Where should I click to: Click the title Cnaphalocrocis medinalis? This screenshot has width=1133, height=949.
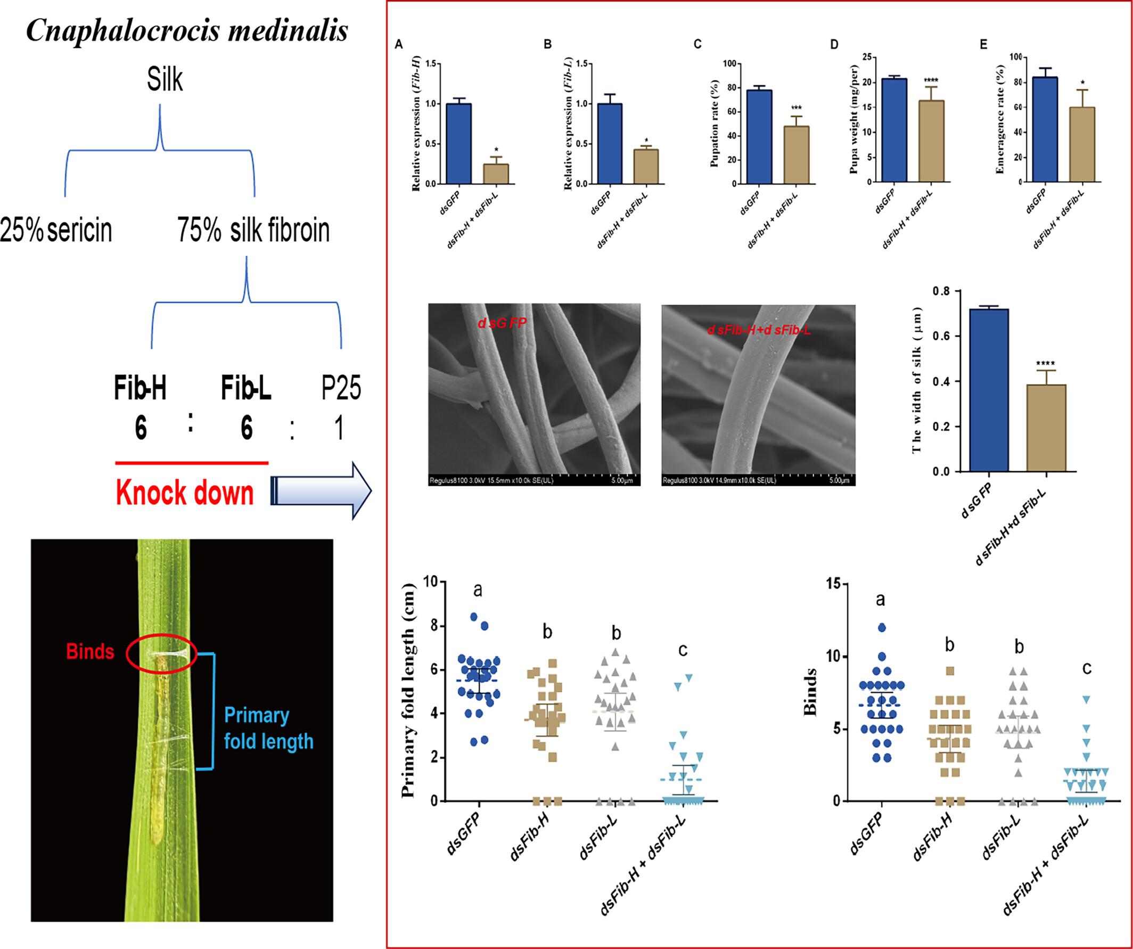pyautogui.click(x=187, y=30)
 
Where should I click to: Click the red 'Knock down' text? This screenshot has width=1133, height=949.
pyautogui.click(x=185, y=493)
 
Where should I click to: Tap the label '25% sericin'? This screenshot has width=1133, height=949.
pyautogui.click(x=56, y=231)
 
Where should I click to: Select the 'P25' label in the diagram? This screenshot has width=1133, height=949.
pyautogui.click(x=340, y=387)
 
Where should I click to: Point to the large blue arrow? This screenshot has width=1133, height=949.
pyautogui.click(x=322, y=490)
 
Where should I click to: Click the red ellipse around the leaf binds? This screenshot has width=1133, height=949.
pyautogui.click(x=161, y=653)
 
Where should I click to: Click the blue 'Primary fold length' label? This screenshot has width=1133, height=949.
pyautogui.click(x=268, y=728)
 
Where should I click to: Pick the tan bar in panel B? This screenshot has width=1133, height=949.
pyautogui.click(x=646, y=167)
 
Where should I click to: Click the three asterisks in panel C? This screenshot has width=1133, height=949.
pyautogui.click(x=797, y=109)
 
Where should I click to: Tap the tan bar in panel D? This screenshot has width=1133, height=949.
pyautogui.click(x=931, y=141)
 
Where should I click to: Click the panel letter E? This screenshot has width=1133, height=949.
pyautogui.click(x=983, y=45)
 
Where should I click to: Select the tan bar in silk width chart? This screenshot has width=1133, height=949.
pyautogui.click(x=1046, y=428)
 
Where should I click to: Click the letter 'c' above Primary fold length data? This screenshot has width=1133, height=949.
pyautogui.click(x=683, y=650)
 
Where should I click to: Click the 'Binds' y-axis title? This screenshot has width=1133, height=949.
pyautogui.click(x=811, y=692)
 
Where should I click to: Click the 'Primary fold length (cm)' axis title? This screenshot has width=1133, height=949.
pyautogui.click(x=409, y=691)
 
